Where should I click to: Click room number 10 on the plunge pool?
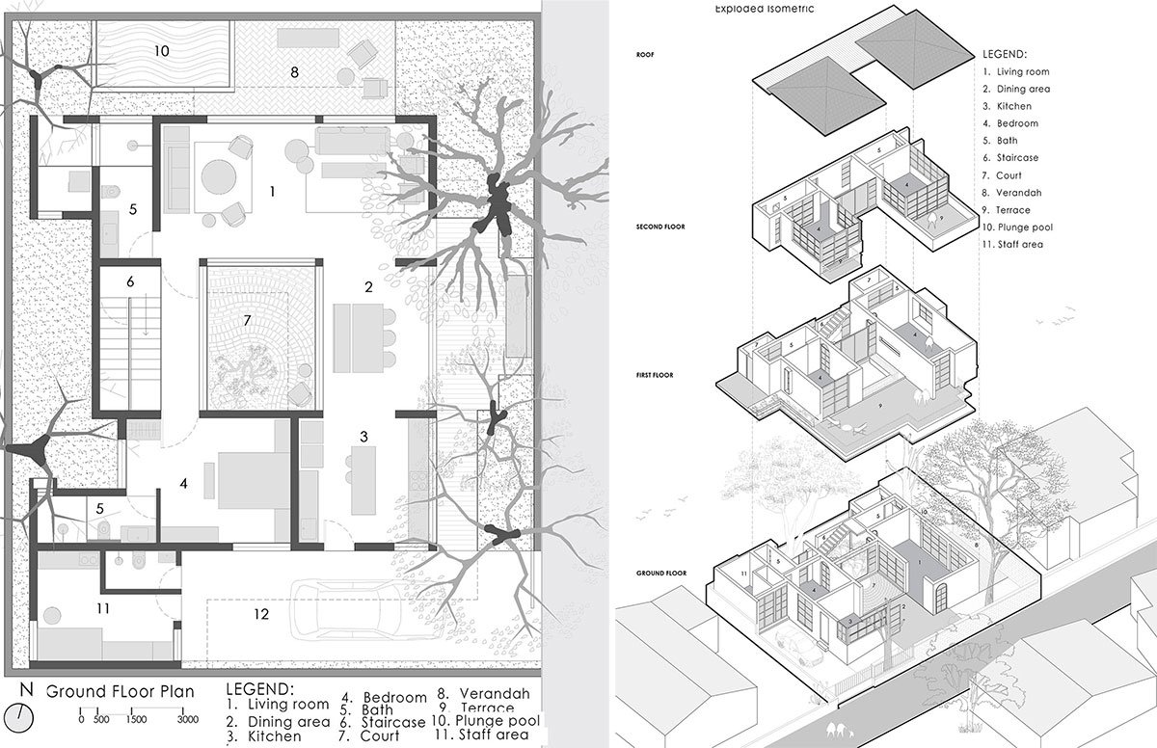(161, 50)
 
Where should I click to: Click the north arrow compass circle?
(26, 717)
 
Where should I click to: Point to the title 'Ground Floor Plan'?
(120, 691)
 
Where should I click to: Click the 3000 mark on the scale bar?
(187, 719)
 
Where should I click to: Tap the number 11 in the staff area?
(103, 608)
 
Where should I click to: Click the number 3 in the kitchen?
(363, 437)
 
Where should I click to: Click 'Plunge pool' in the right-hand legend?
(1022, 227)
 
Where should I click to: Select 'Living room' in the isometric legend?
(1023, 71)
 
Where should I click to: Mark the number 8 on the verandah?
(294, 71)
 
